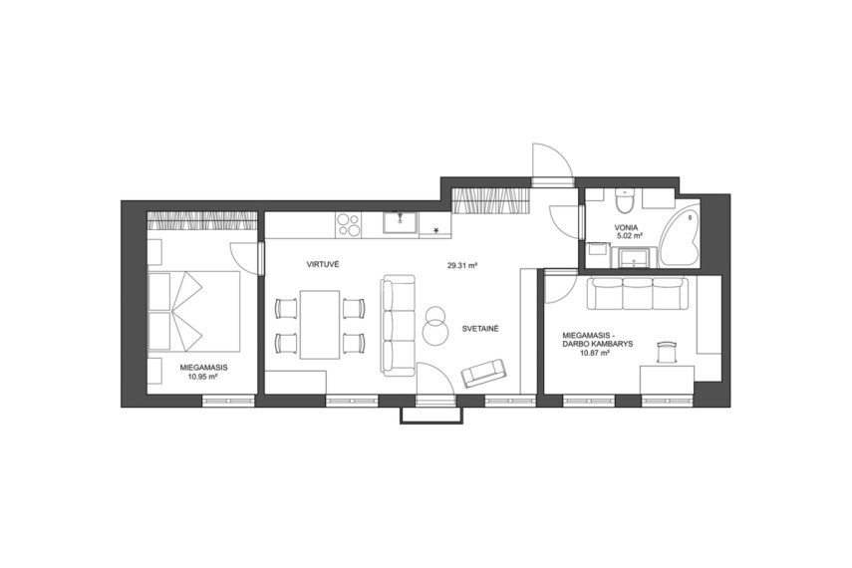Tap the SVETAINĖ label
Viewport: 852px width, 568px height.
(480, 329)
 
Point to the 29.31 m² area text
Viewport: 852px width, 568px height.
(462, 266)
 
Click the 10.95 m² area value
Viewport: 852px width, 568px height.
(203, 376)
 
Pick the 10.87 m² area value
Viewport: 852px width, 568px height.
(595, 353)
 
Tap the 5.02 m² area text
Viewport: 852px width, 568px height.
(631, 236)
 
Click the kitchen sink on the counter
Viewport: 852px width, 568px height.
(401, 224)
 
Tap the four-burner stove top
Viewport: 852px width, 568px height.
(349, 224)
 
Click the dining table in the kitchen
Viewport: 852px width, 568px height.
(320, 325)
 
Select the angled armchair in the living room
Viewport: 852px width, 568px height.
(483, 373)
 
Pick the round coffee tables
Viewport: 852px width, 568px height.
(435, 325)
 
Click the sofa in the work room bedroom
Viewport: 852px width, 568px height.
(638, 292)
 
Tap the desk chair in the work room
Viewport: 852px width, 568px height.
(667, 352)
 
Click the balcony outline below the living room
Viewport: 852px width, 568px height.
(431, 416)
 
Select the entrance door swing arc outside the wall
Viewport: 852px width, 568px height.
(552, 160)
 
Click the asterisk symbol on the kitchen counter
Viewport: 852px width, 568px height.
(435, 230)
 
